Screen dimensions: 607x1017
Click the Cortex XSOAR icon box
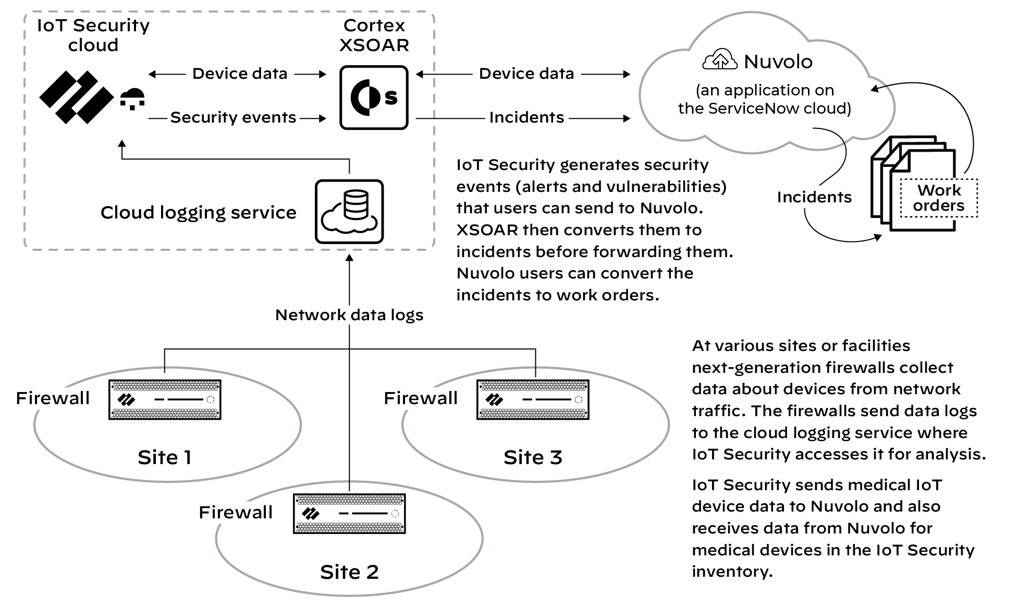(x=374, y=98)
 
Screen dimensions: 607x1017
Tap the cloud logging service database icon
(x=349, y=212)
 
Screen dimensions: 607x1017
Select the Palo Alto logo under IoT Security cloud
(x=76, y=98)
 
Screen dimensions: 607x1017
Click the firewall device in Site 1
(x=165, y=400)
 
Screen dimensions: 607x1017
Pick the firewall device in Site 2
(x=349, y=514)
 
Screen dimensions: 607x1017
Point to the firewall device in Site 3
(x=533, y=400)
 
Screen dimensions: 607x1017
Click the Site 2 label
(x=349, y=572)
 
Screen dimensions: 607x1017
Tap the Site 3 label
(x=533, y=457)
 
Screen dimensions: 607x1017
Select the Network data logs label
(x=349, y=315)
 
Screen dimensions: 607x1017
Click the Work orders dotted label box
(x=939, y=198)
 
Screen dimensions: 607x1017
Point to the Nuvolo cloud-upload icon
(x=720, y=60)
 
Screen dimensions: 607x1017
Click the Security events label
(x=233, y=118)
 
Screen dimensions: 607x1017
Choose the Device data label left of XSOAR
(x=240, y=74)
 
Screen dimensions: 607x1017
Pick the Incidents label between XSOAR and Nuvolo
(x=526, y=118)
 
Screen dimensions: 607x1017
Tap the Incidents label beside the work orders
(x=814, y=197)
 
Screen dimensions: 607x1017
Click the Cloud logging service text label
(x=198, y=213)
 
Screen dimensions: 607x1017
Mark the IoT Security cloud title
(x=93, y=35)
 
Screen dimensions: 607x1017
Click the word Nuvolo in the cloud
(x=778, y=62)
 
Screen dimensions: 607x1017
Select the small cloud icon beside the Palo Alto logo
(x=132, y=99)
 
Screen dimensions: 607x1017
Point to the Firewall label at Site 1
(x=53, y=398)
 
